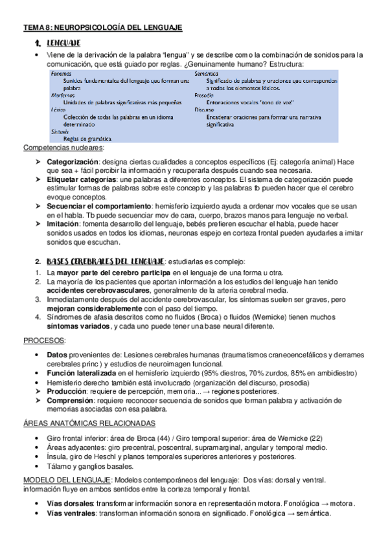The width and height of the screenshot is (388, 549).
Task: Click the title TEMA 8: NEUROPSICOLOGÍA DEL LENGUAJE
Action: [103, 27]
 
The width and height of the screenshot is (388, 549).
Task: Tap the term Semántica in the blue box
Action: [207, 74]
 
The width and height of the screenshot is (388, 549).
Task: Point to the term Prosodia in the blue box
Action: [205, 95]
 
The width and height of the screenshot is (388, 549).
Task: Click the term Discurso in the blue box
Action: [205, 110]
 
